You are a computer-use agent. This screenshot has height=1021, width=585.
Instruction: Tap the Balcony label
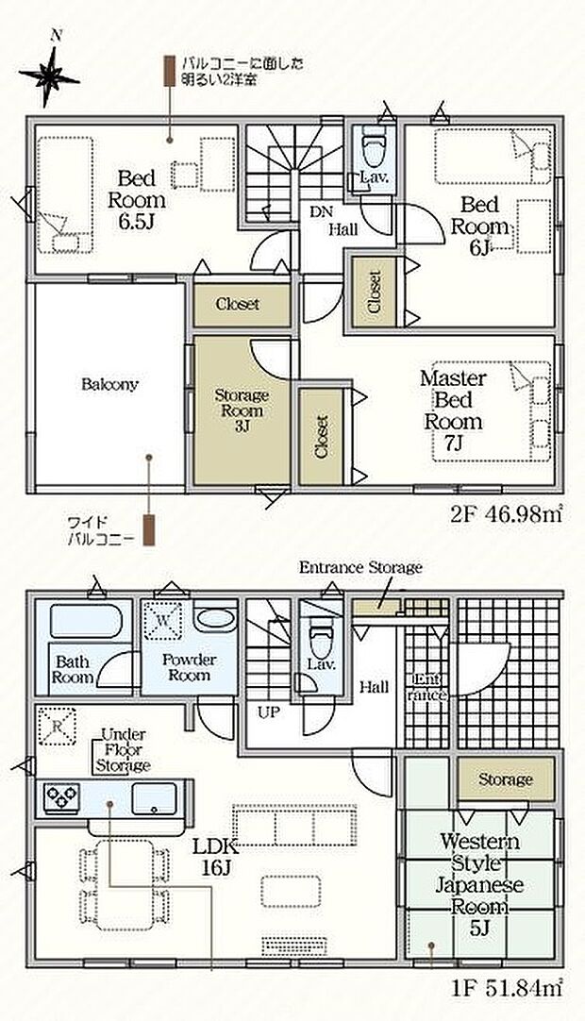(109, 384)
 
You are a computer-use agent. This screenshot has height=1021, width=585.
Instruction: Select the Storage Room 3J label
(242, 410)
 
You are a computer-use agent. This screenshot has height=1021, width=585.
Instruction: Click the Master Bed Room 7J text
(454, 410)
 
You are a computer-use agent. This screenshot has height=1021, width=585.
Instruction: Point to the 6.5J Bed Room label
(137, 200)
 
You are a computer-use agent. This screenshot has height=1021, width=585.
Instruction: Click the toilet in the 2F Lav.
(375, 147)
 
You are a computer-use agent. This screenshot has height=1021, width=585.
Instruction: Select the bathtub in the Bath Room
(86, 621)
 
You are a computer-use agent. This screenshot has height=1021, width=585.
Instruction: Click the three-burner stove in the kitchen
(61, 795)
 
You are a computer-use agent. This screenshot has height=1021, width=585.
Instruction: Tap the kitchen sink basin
(155, 798)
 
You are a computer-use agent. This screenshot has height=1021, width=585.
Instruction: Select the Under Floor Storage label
(123, 750)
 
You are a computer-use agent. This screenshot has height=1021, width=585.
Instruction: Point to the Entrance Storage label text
(360, 567)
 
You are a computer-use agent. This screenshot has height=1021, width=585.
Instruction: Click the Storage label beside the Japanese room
(506, 778)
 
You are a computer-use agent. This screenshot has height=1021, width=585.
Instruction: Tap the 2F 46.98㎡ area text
(506, 515)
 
